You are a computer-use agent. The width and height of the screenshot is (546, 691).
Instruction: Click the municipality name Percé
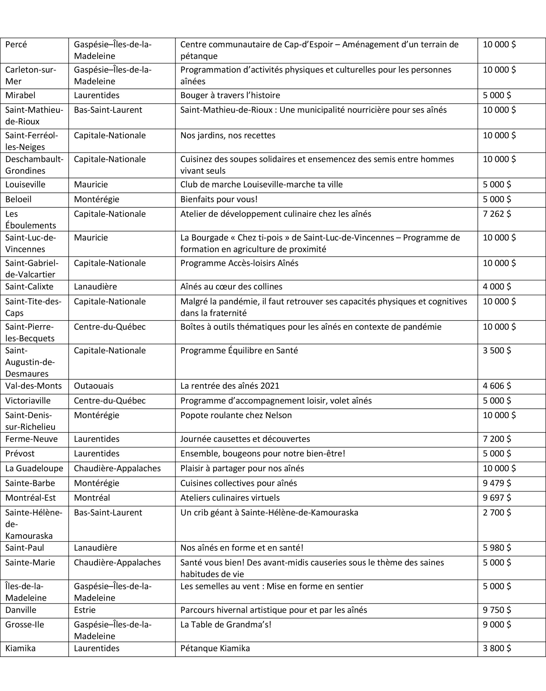pos(16,45)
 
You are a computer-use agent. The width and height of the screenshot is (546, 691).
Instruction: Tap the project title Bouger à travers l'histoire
pos(230,95)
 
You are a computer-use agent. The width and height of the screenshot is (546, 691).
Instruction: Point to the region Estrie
pos(85,610)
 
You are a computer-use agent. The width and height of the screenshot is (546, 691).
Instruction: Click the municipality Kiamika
pos(21,648)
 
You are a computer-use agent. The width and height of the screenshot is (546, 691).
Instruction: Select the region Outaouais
pos(94,386)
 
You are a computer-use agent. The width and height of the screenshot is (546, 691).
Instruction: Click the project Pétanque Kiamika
pos(215,648)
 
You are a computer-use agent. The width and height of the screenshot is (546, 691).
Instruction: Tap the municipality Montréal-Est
pos(30,498)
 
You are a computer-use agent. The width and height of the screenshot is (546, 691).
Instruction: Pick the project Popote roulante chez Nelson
pos(236,415)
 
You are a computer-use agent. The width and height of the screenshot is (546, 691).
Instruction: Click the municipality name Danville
pos(21,610)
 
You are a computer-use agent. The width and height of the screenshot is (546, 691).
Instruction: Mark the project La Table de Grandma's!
pos(226,625)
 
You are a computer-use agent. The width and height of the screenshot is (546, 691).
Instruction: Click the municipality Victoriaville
pos(28,401)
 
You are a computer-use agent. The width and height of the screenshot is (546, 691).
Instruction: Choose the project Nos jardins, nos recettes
pos(228,136)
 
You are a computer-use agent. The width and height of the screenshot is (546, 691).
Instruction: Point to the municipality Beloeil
pos(18,199)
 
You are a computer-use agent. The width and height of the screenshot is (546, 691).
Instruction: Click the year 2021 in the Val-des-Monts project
pos(270,386)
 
